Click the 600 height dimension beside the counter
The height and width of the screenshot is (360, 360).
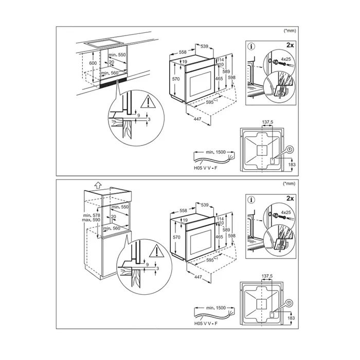point(93,63)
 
